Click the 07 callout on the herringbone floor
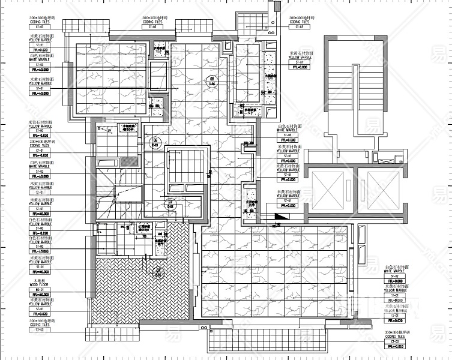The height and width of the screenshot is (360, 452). click(x=158, y=271)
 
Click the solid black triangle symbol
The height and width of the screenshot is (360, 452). click(x=281, y=216)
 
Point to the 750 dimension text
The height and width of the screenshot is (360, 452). click(x=209, y=173)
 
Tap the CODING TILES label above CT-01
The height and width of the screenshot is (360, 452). click(x=40, y=145)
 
